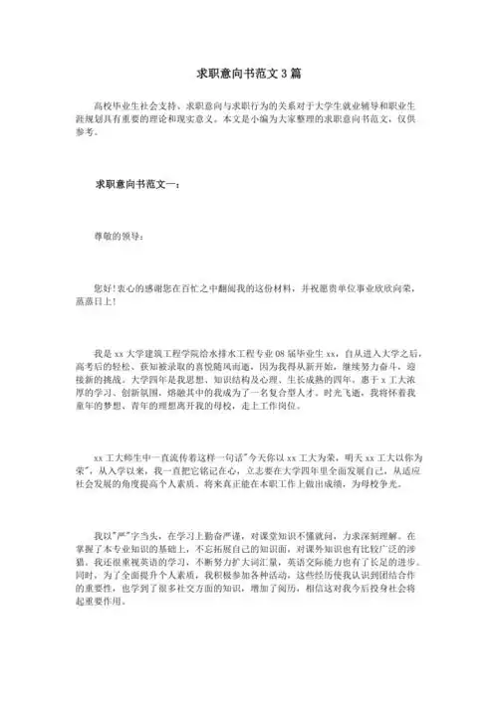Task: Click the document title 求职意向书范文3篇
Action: [x=248, y=75]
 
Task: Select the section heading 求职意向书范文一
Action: [x=136, y=184]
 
